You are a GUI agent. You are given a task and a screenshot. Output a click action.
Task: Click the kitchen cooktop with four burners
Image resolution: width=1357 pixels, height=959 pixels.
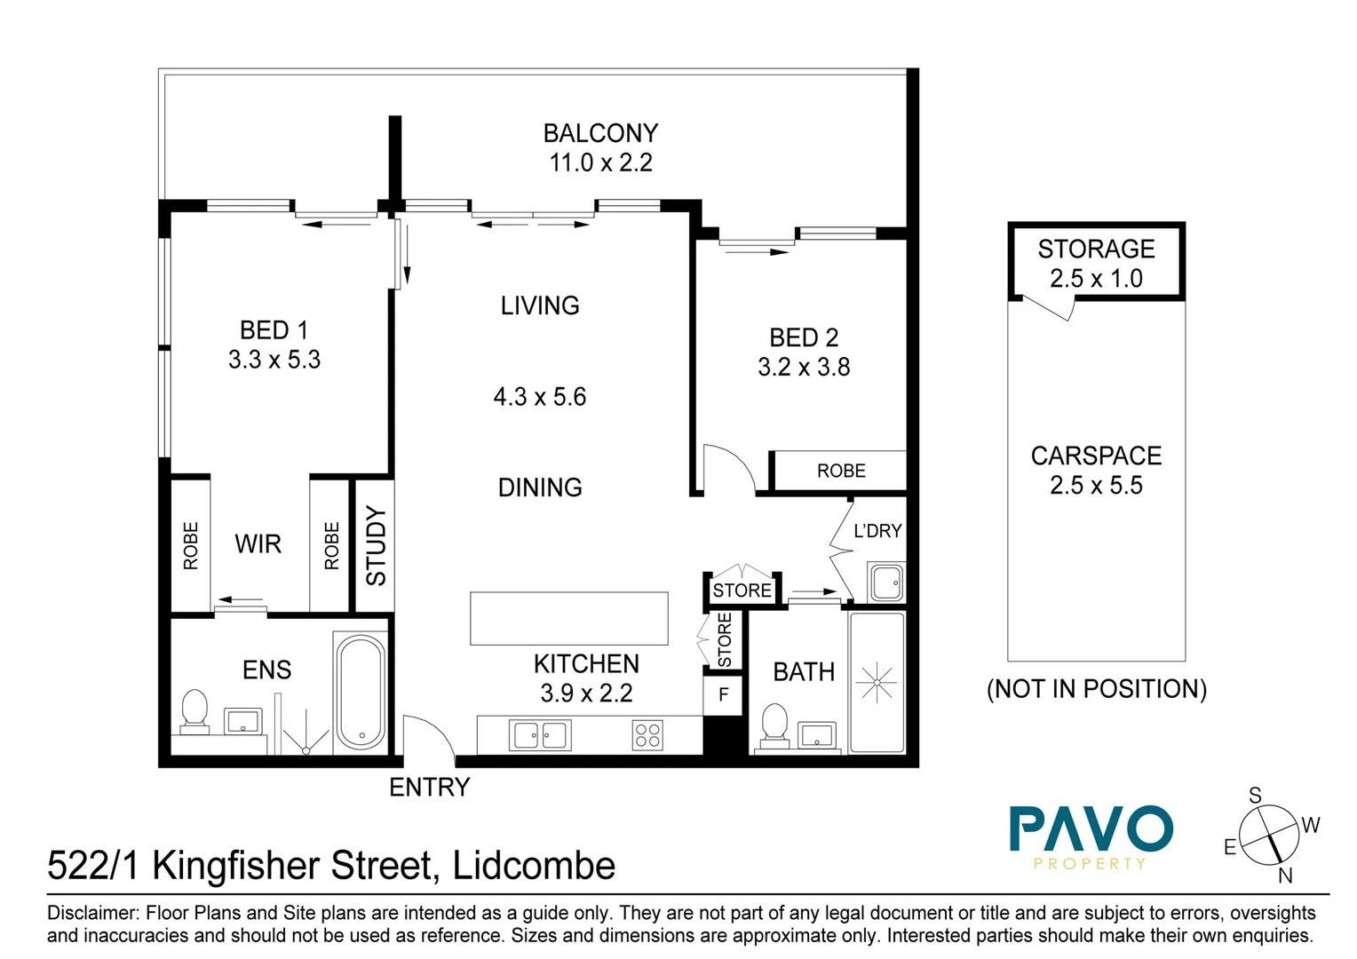pos(647,735)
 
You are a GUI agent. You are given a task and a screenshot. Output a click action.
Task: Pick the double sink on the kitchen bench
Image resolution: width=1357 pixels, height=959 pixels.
pos(540,735)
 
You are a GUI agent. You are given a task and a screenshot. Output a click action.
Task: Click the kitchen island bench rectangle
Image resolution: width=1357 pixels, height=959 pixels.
pos(568,618)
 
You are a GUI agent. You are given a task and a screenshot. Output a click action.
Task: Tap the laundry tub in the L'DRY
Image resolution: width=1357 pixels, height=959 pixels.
pos(885,583)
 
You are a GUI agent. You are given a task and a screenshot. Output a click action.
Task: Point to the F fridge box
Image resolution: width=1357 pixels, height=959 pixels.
pos(723,694)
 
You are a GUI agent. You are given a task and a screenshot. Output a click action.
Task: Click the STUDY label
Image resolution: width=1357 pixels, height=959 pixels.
pos(376,545)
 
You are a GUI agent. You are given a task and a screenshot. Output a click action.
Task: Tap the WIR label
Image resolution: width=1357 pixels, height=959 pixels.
pos(258,543)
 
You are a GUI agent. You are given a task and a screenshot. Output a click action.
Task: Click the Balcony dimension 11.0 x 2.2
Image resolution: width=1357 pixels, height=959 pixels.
pos(600,162)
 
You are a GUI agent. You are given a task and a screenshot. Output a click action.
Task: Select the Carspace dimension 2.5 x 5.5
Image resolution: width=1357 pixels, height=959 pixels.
pos(1096,485)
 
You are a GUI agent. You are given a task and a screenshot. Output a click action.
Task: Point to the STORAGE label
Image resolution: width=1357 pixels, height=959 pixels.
pos(1096,249)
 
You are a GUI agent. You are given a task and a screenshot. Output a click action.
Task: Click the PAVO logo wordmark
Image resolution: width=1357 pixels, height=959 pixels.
pos(1091,829)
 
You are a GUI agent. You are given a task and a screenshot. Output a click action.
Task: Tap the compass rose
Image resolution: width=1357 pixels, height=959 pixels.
pos(1269,836)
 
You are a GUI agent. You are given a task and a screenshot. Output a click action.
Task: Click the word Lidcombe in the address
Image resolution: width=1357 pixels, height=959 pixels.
pos(534,866)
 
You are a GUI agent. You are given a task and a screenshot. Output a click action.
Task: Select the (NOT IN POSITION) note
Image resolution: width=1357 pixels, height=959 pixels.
pos(1096,689)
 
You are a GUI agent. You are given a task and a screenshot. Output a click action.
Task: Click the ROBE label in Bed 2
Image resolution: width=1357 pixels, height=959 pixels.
pos(840,471)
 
